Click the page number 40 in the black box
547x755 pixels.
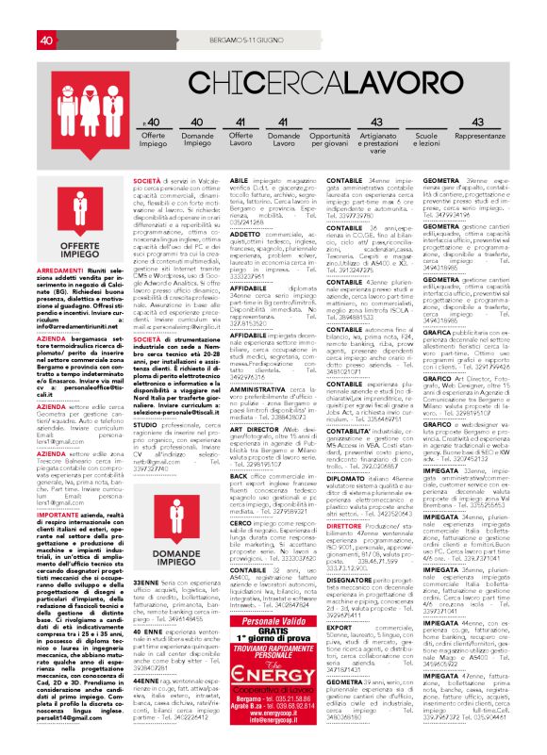[x=46, y=13]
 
